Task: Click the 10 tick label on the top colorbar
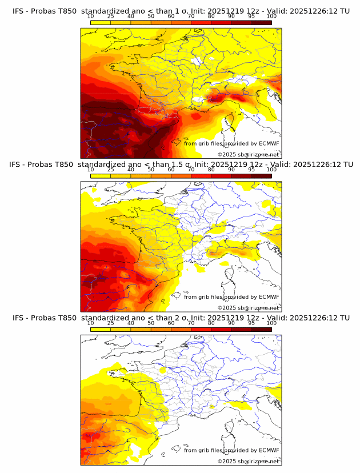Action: (90, 17)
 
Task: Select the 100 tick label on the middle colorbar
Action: (271, 170)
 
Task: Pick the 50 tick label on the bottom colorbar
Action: (151, 323)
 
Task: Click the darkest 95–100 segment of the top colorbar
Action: (261, 22)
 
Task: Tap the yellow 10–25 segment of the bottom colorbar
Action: (101, 329)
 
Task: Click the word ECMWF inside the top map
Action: (269, 143)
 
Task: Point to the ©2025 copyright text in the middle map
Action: (227, 308)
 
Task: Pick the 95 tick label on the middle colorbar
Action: (251, 170)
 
